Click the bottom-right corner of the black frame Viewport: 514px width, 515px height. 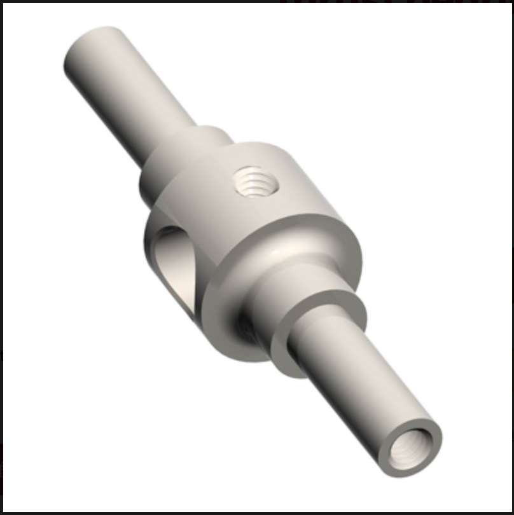point(511,512)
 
